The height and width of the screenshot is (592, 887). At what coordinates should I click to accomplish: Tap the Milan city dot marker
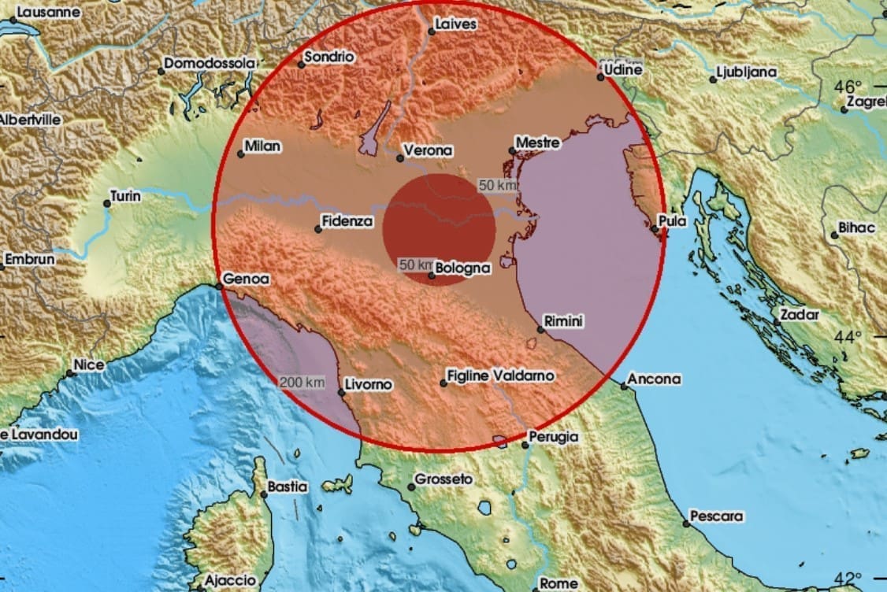point(240,154)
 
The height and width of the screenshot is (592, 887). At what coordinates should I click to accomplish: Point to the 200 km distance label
point(302,382)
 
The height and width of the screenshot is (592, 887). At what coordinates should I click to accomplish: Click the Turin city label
point(126,196)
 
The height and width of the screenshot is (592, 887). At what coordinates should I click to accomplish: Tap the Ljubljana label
point(747,72)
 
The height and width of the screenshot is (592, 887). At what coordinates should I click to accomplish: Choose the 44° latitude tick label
point(848,337)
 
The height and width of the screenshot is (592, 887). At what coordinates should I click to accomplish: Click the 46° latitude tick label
point(848,86)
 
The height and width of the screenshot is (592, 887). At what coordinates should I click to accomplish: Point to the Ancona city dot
point(624,386)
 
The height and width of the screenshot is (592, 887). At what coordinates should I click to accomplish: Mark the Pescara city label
point(716,517)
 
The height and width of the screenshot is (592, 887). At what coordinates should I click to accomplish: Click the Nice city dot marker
point(70,372)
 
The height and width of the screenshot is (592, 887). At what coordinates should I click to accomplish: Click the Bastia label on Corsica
point(287,487)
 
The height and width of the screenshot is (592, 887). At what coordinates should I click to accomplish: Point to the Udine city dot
point(600,77)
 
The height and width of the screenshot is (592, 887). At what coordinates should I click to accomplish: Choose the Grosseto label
point(443,479)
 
